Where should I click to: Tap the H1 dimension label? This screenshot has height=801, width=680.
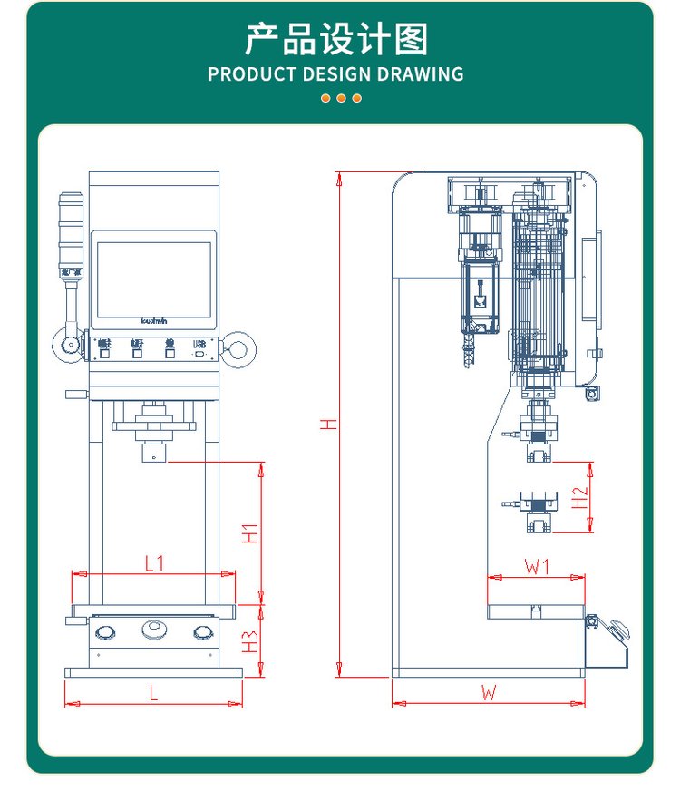click(x=251, y=533)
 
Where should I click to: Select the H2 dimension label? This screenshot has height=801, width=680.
click(x=579, y=496)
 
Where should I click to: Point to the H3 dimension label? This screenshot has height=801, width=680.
click(x=251, y=641)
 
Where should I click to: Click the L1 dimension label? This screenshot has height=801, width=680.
click(x=155, y=562)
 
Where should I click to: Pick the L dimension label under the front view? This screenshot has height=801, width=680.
click(x=153, y=693)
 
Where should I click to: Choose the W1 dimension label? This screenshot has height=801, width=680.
click(x=538, y=567)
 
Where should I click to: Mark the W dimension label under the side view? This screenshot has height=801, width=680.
click(x=490, y=693)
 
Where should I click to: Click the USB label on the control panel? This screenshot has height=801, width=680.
click(x=200, y=344)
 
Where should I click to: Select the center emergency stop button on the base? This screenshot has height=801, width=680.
click(x=153, y=629)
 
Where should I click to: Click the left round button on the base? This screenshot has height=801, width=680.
click(x=107, y=631)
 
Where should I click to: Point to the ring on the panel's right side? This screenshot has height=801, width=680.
click(x=239, y=347)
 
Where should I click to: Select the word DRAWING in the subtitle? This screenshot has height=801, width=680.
click(x=416, y=74)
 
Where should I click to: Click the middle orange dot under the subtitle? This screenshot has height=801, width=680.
click(x=341, y=98)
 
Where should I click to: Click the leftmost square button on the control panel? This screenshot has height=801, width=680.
click(x=104, y=354)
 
